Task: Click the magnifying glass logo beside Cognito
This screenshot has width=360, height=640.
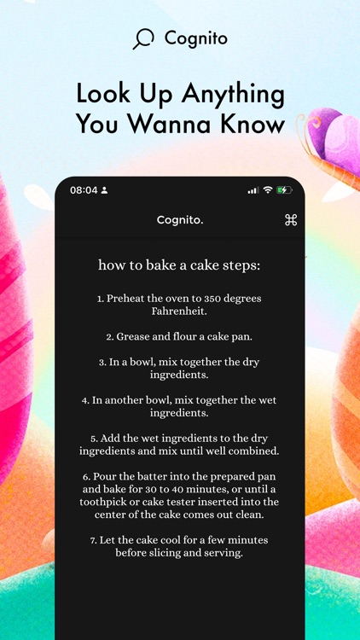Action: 143,39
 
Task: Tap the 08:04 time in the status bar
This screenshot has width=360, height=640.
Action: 83,190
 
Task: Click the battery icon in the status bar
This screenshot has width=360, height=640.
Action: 284,190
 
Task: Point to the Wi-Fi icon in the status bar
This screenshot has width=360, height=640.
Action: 268,190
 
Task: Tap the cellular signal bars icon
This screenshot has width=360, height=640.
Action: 253,190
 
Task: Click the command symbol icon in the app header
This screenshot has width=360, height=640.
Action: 290,220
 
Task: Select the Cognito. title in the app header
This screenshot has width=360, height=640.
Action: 180,220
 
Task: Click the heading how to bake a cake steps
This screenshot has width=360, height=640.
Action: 179,265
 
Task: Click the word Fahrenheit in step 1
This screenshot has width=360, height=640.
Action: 179,311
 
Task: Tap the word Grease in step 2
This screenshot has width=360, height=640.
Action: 133,337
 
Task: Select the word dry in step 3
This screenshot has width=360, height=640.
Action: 249,362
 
